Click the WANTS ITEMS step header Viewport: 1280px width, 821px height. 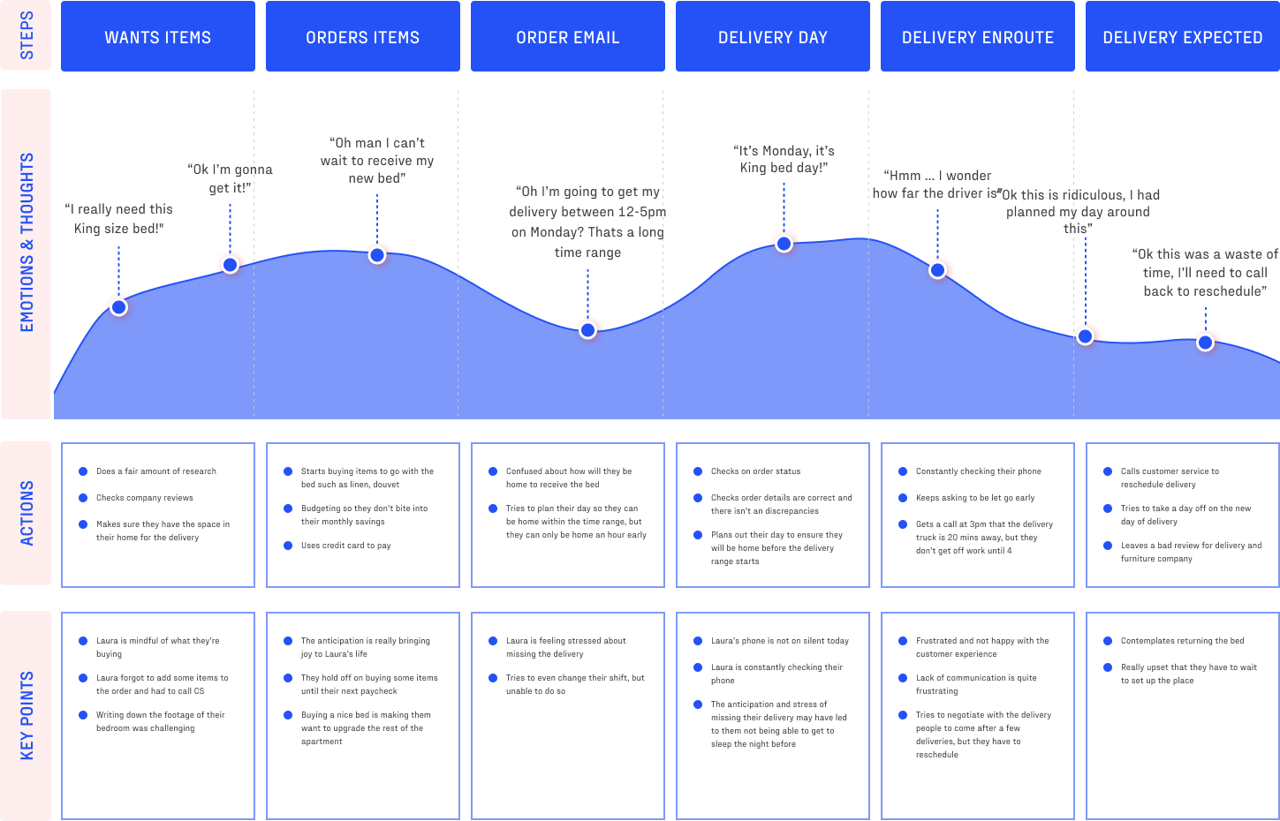pyautogui.click(x=157, y=37)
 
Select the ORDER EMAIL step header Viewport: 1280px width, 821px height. pyautogui.click(x=567, y=37)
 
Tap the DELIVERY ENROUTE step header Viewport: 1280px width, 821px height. pyautogui.click(x=977, y=37)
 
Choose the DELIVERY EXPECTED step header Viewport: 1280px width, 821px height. pyautogui.click(x=1182, y=37)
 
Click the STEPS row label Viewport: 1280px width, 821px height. pyautogui.click(x=27, y=35)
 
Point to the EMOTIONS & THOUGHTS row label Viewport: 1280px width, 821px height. pyautogui.click(x=27, y=243)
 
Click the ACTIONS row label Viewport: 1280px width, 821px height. pyautogui.click(x=27, y=513)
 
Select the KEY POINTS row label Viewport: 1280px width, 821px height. pyautogui.click(x=27, y=715)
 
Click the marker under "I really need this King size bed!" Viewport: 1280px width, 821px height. pyautogui.click(x=118, y=307)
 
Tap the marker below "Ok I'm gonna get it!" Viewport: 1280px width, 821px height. pyautogui.click(x=230, y=264)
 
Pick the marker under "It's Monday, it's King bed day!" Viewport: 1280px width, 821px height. pyautogui.click(x=784, y=244)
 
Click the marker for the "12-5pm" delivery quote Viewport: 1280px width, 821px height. pyautogui.click(x=587, y=330)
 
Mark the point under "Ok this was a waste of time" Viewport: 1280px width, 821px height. pyautogui.click(x=1205, y=343)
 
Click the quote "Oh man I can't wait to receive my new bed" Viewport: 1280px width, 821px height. pyautogui.click(x=377, y=161)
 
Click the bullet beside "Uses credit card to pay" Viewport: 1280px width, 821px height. pyautogui.click(x=288, y=546)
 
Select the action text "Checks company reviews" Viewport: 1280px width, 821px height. pyautogui.click(x=145, y=498)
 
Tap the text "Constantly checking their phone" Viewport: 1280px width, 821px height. pyautogui.click(x=978, y=471)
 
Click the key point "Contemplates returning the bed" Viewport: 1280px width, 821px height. pyautogui.click(x=1182, y=641)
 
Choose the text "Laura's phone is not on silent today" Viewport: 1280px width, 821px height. pyautogui.click(x=779, y=641)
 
